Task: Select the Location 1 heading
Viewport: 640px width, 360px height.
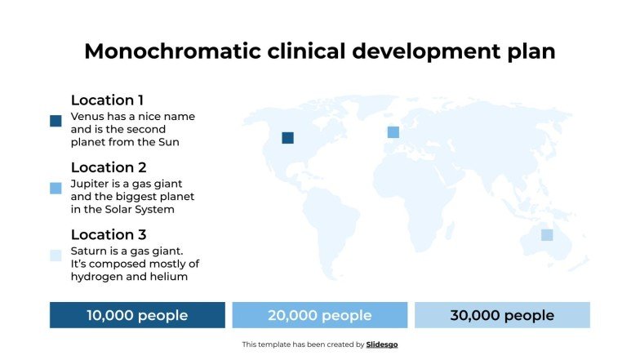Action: coord(107,100)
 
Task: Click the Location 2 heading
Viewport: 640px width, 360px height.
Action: coord(109,168)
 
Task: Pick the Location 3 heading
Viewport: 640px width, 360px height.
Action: coord(109,235)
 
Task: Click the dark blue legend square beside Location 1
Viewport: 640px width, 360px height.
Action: coord(56,121)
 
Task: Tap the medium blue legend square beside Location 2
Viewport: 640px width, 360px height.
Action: coord(56,189)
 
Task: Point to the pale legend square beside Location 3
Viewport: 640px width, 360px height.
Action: coord(56,256)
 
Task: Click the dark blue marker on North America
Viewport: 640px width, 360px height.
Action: coord(287,138)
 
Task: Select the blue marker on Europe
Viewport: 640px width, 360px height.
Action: coord(393,132)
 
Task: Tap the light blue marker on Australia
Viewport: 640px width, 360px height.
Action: coord(547,235)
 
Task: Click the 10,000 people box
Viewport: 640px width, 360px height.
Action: coord(137,315)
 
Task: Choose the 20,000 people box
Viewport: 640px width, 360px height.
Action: coord(320,315)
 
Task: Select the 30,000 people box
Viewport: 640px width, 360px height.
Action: coord(502,315)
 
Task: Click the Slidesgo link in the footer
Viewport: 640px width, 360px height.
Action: coord(382,344)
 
